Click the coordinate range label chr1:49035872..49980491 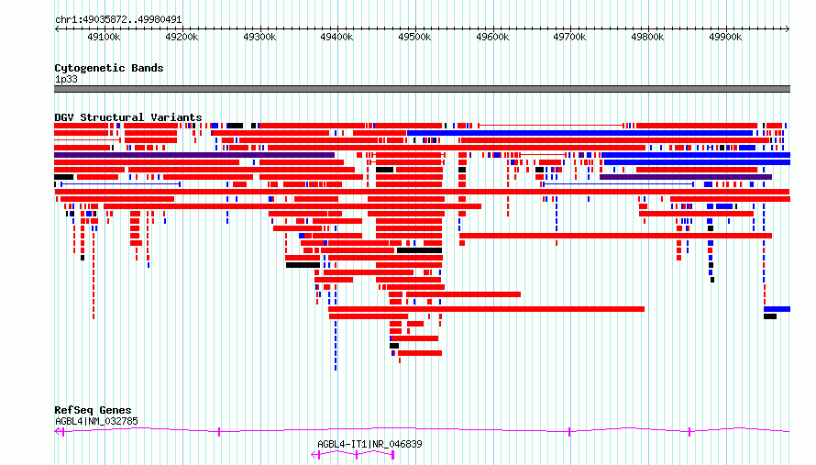[x=118, y=19]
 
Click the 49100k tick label [x=104, y=37]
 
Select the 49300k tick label [x=259, y=37]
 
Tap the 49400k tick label [x=336, y=37]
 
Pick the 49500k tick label [x=414, y=37]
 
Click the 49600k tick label [x=492, y=37]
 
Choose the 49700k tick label [x=569, y=37]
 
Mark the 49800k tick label [x=647, y=37]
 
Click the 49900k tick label [x=725, y=37]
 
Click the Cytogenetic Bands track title [x=109, y=68]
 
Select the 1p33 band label [x=66, y=79]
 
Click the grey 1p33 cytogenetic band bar [x=422, y=89]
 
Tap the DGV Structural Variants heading [x=128, y=117]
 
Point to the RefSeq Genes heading [x=93, y=410]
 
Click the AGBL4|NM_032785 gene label [x=97, y=421]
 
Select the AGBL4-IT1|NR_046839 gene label [x=369, y=444]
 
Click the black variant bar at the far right [x=770, y=316]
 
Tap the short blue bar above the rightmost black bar [x=777, y=309]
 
